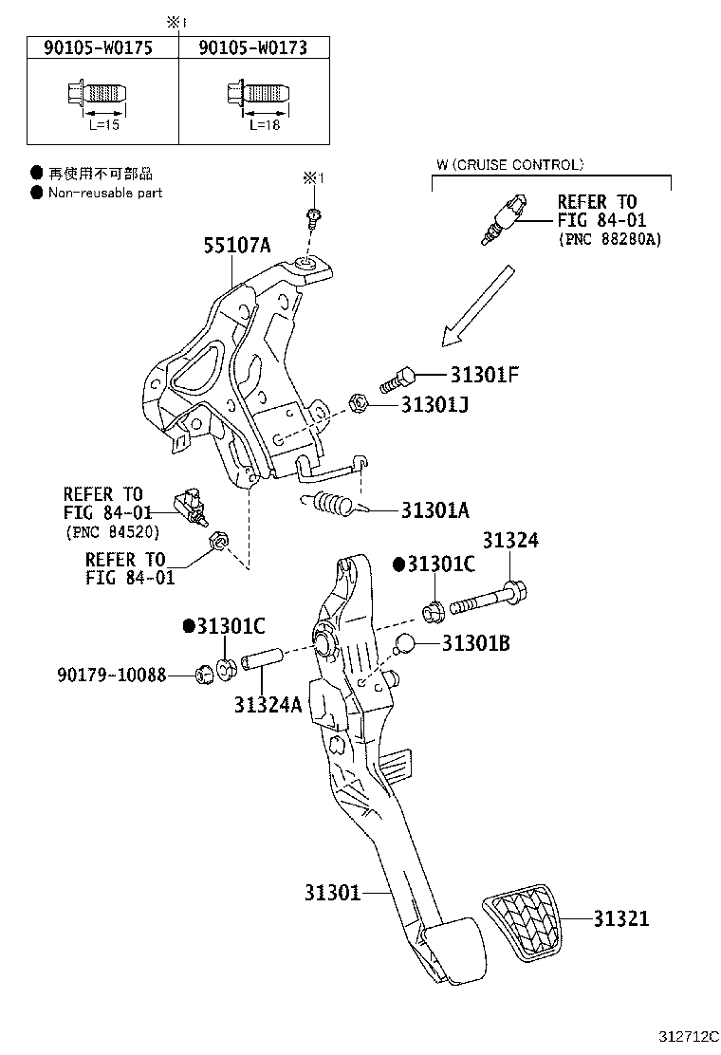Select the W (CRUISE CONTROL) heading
pyautogui.click(x=509, y=165)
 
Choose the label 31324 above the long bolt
pyautogui.click(x=509, y=541)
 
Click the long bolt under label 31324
pyautogui.click(x=485, y=602)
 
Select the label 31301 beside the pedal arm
pyautogui.click(x=333, y=893)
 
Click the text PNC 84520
pyautogui.click(x=112, y=530)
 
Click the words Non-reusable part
pyautogui.click(x=105, y=193)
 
